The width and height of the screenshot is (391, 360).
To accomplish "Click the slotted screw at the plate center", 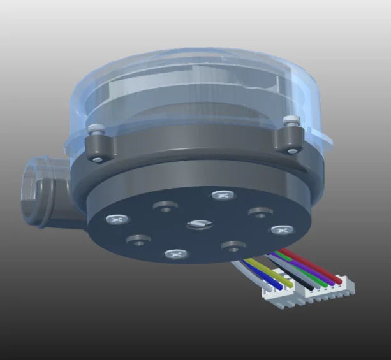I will coord(197,224).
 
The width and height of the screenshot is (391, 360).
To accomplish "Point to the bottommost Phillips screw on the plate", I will coord(176,254).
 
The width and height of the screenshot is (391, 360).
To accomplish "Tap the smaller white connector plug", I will coord(276,294).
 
